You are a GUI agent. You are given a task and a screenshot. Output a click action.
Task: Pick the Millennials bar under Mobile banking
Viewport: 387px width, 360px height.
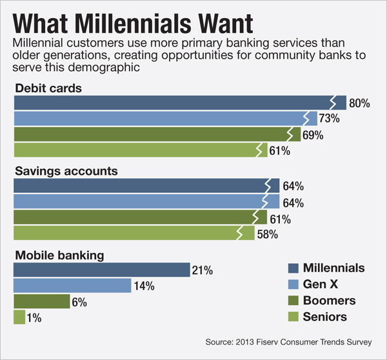(x=101, y=269)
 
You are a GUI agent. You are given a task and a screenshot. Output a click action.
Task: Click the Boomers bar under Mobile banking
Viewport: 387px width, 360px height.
(x=41, y=301)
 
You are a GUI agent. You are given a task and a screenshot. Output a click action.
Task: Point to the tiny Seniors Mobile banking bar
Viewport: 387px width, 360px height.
(x=19, y=317)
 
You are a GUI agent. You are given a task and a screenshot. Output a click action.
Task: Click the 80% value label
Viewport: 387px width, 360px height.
(x=359, y=103)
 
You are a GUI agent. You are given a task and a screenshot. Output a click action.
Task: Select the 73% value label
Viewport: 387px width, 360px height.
(x=329, y=119)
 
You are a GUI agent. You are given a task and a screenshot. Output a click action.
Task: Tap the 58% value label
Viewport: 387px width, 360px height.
(x=267, y=234)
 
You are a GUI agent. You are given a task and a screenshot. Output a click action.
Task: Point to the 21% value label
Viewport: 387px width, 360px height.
(x=202, y=270)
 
